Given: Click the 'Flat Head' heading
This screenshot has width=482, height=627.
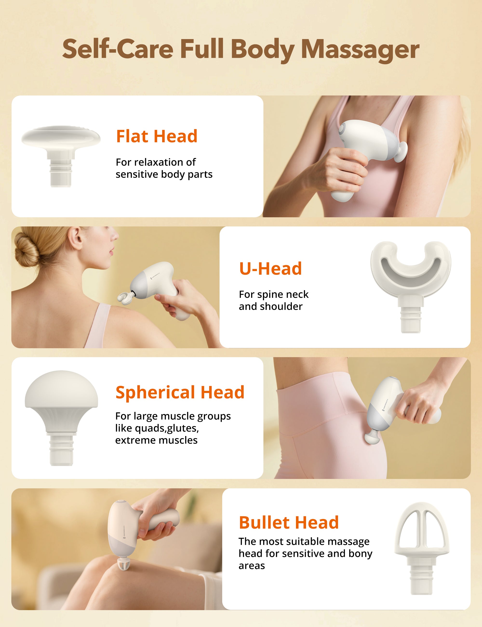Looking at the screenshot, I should (157, 136).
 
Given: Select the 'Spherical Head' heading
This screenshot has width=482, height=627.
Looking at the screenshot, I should (180, 392).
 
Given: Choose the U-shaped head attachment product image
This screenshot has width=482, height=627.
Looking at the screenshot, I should (411, 284).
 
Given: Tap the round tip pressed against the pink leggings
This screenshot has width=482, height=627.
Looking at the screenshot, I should (372, 437).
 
